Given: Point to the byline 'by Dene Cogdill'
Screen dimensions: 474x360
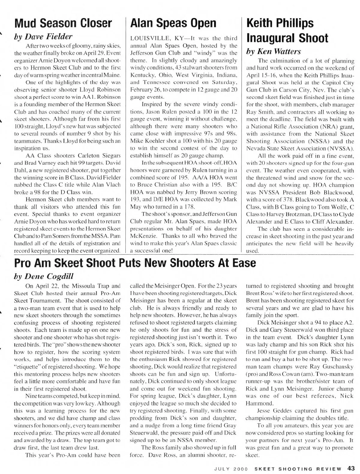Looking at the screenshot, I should pyautogui.click(x=44, y=276).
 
